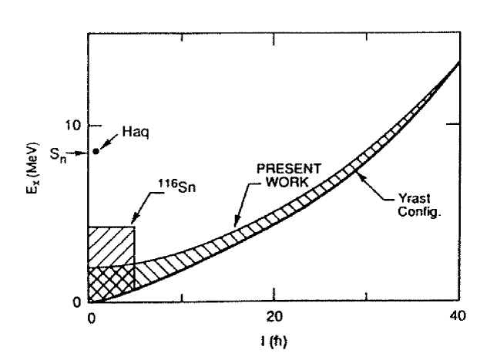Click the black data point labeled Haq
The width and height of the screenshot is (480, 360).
point(96,151)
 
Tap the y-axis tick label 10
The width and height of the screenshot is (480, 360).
point(75,125)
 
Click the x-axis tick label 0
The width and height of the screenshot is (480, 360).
point(90,317)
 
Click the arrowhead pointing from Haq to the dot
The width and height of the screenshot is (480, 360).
point(102,146)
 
